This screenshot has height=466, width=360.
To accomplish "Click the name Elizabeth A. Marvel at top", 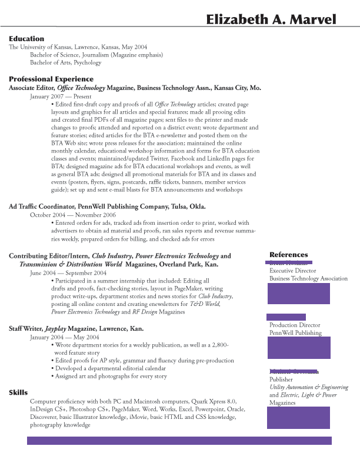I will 271,20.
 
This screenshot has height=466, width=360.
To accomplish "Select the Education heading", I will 26,39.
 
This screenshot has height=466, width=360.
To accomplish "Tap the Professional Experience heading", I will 51,79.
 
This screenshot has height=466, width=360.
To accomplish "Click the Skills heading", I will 18,392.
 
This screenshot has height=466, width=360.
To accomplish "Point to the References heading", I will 288,255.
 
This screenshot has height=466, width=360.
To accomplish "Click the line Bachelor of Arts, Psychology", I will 66,62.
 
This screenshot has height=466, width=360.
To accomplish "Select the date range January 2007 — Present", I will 61,96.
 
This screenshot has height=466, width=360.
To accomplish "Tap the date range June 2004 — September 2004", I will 68,273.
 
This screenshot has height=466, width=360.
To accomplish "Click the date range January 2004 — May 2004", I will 65,337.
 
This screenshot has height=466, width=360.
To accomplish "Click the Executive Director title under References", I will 293,271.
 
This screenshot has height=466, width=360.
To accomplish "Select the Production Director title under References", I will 295,325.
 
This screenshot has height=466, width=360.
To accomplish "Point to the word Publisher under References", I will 281,380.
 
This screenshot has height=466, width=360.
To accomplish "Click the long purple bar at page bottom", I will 179,441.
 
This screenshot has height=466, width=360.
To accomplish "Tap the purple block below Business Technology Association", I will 298,293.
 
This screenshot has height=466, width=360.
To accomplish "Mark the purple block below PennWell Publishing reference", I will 298,348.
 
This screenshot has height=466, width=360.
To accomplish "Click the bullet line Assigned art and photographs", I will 111,376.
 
